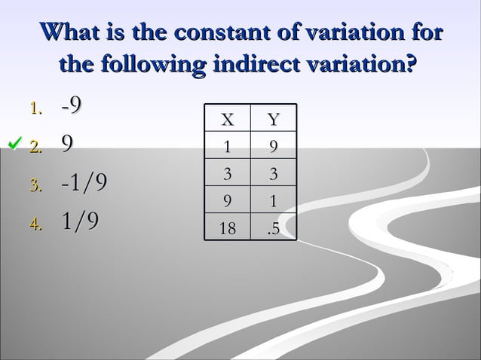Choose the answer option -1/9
84,182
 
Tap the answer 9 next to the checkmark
67,144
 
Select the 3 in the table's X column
227,175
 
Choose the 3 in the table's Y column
274,175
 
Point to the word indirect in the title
275,63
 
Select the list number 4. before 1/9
36,222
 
